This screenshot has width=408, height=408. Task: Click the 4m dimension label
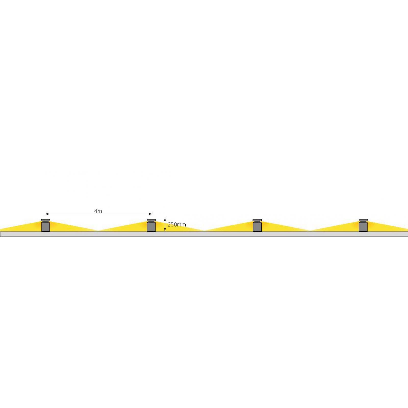(x=98, y=211)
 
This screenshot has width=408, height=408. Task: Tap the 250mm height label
(x=177, y=225)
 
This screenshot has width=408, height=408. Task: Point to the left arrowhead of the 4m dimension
(x=47, y=214)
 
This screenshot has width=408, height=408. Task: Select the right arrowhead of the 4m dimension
(x=150, y=214)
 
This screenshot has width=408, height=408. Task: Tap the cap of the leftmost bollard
(x=45, y=220)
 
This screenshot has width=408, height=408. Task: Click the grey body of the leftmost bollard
(x=45, y=226)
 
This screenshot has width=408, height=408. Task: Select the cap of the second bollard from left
(x=151, y=220)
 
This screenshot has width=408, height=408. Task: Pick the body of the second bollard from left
(x=151, y=226)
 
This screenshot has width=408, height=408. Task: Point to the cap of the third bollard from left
(x=257, y=220)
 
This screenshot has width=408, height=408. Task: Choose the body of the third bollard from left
(x=257, y=226)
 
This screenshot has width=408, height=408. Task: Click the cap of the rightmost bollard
(x=363, y=220)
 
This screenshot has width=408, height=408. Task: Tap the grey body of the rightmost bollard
(x=363, y=226)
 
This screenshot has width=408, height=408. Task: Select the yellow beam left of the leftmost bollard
(x=25, y=228)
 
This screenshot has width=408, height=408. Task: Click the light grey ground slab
(x=204, y=234)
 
